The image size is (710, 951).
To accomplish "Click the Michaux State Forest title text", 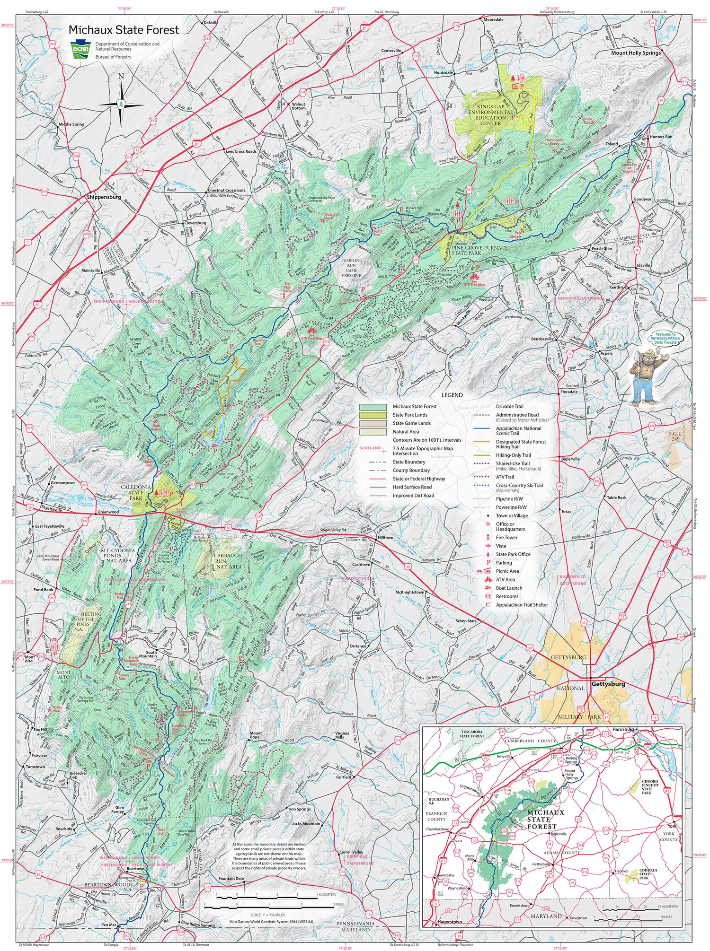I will point(124,30).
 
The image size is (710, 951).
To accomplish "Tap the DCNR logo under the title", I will point(80,50).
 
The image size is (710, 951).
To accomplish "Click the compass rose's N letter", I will point(121,77).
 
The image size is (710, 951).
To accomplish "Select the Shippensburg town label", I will point(104,197).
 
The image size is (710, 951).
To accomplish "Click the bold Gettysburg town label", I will point(608,684).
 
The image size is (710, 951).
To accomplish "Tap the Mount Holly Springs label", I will point(636,53).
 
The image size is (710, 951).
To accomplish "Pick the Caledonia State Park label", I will point(136,492).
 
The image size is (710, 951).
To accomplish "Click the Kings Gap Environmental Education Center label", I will point(490,115).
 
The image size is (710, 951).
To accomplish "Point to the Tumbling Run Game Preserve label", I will point(351,268).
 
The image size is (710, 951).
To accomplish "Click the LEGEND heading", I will point(452,395).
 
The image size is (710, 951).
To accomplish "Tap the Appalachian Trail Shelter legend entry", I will point(522,605).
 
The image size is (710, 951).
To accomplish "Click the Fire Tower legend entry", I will point(506,538).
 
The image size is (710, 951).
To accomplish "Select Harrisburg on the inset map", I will point(622,729).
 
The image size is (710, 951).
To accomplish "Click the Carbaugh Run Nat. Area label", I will point(227,561).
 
